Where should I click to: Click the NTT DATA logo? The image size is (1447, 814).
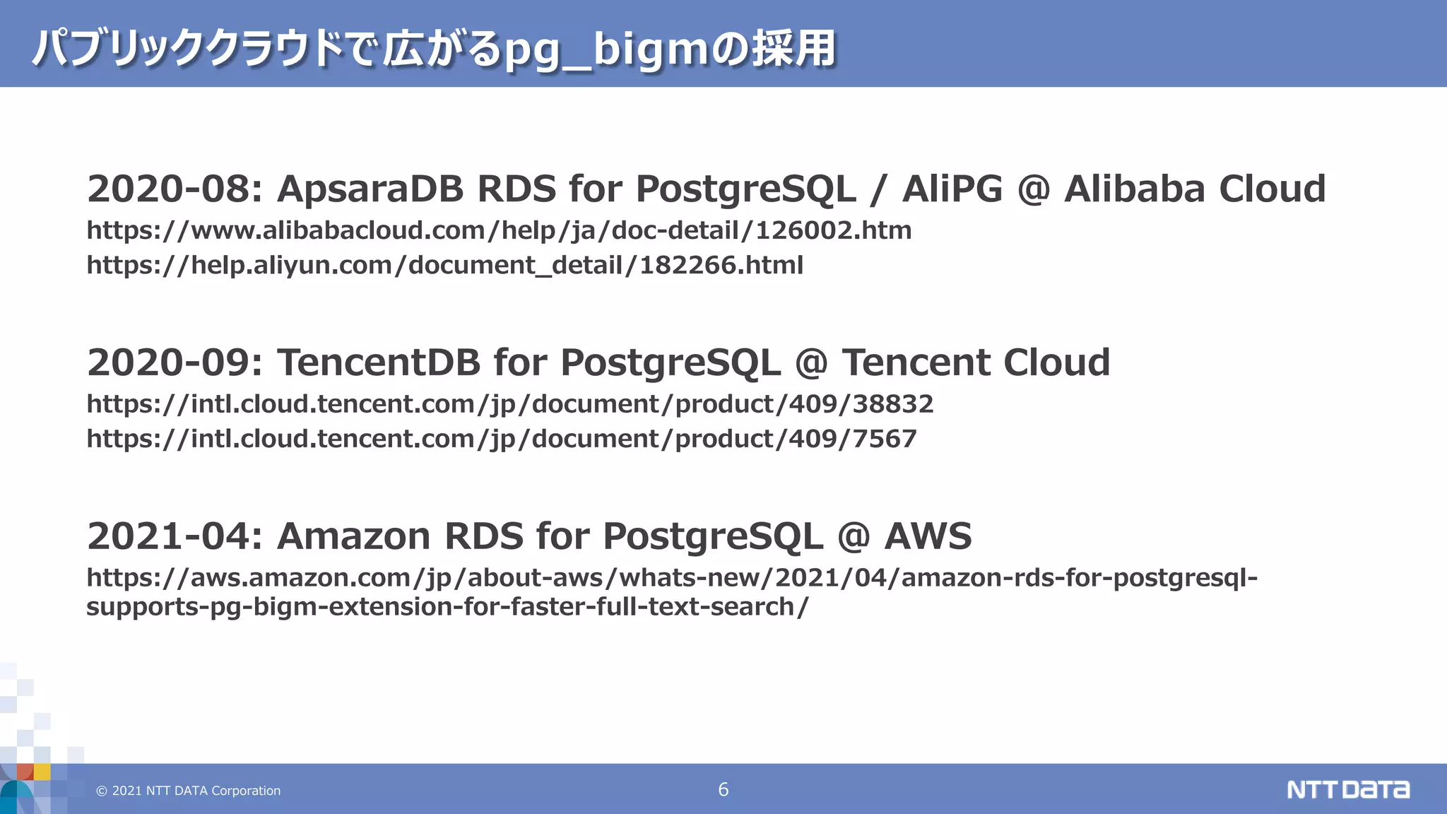coord(1347,789)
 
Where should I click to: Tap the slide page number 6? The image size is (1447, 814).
coord(723,789)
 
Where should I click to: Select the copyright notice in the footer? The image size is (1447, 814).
coord(188,791)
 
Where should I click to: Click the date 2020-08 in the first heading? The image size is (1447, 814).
coord(169,189)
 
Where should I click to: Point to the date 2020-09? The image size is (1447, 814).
coord(169,362)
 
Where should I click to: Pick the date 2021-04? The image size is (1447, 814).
coord(169,536)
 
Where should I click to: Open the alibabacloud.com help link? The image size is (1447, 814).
coord(499,230)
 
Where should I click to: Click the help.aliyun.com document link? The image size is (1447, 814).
coord(444,265)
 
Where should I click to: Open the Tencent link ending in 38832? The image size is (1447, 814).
coord(509,404)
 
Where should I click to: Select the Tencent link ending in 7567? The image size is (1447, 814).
coord(501,439)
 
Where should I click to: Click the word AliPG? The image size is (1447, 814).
coord(952,189)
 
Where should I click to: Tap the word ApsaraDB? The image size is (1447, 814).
coord(370,189)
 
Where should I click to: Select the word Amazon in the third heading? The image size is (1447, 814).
coord(353,536)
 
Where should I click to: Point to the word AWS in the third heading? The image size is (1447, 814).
coord(928,536)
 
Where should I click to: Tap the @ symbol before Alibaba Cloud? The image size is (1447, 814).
coord(1033,189)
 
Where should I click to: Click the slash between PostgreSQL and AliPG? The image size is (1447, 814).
coord(878,189)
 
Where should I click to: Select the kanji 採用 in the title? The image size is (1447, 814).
coord(793,49)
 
